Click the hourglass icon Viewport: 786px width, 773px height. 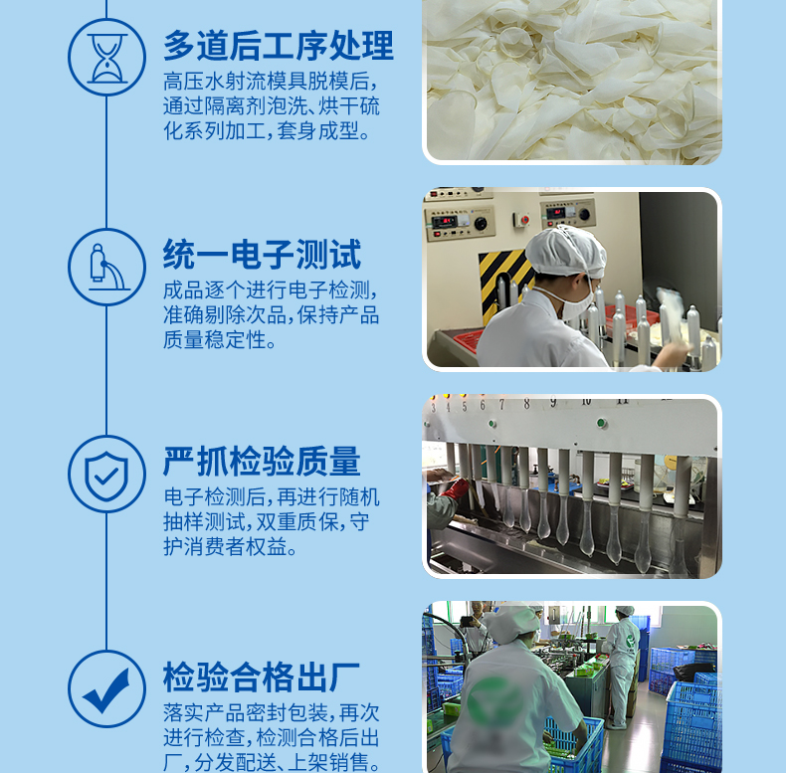point(106,58)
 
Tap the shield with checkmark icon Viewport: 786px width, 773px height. point(106,475)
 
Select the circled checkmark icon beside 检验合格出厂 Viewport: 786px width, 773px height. point(106,689)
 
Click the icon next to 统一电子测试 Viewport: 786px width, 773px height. point(106,267)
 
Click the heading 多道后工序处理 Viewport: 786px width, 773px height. point(278,46)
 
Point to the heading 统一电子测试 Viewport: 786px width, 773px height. point(262,255)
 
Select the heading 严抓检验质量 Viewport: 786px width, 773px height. point(262,462)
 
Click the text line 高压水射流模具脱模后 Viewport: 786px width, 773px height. point(270,82)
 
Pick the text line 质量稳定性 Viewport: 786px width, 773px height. point(220,340)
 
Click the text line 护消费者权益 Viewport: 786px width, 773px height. point(231,547)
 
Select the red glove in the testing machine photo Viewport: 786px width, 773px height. point(456,488)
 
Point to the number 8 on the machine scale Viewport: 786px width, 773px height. point(526,404)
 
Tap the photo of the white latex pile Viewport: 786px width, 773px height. point(572,80)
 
